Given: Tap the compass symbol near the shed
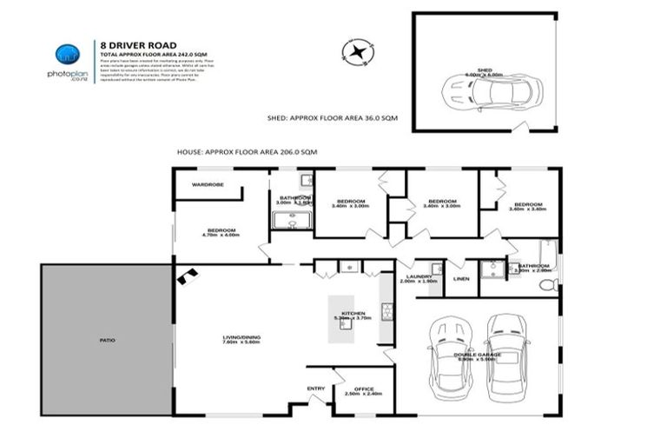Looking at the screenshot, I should tap(358, 52).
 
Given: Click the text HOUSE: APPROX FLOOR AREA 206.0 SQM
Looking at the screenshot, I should tap(247, 151).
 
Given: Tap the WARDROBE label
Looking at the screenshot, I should tap(208, 185).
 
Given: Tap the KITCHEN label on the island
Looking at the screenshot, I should tap(353, 315).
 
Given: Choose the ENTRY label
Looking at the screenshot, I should tap(315, 389).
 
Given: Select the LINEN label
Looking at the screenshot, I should tap(461, 279).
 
